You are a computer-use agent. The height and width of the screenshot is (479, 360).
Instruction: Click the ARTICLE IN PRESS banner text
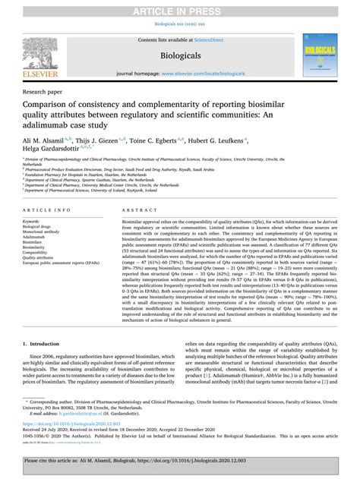(x=179, y=8)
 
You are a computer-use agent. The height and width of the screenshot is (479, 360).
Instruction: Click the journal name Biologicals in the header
(x=179, y=55)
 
